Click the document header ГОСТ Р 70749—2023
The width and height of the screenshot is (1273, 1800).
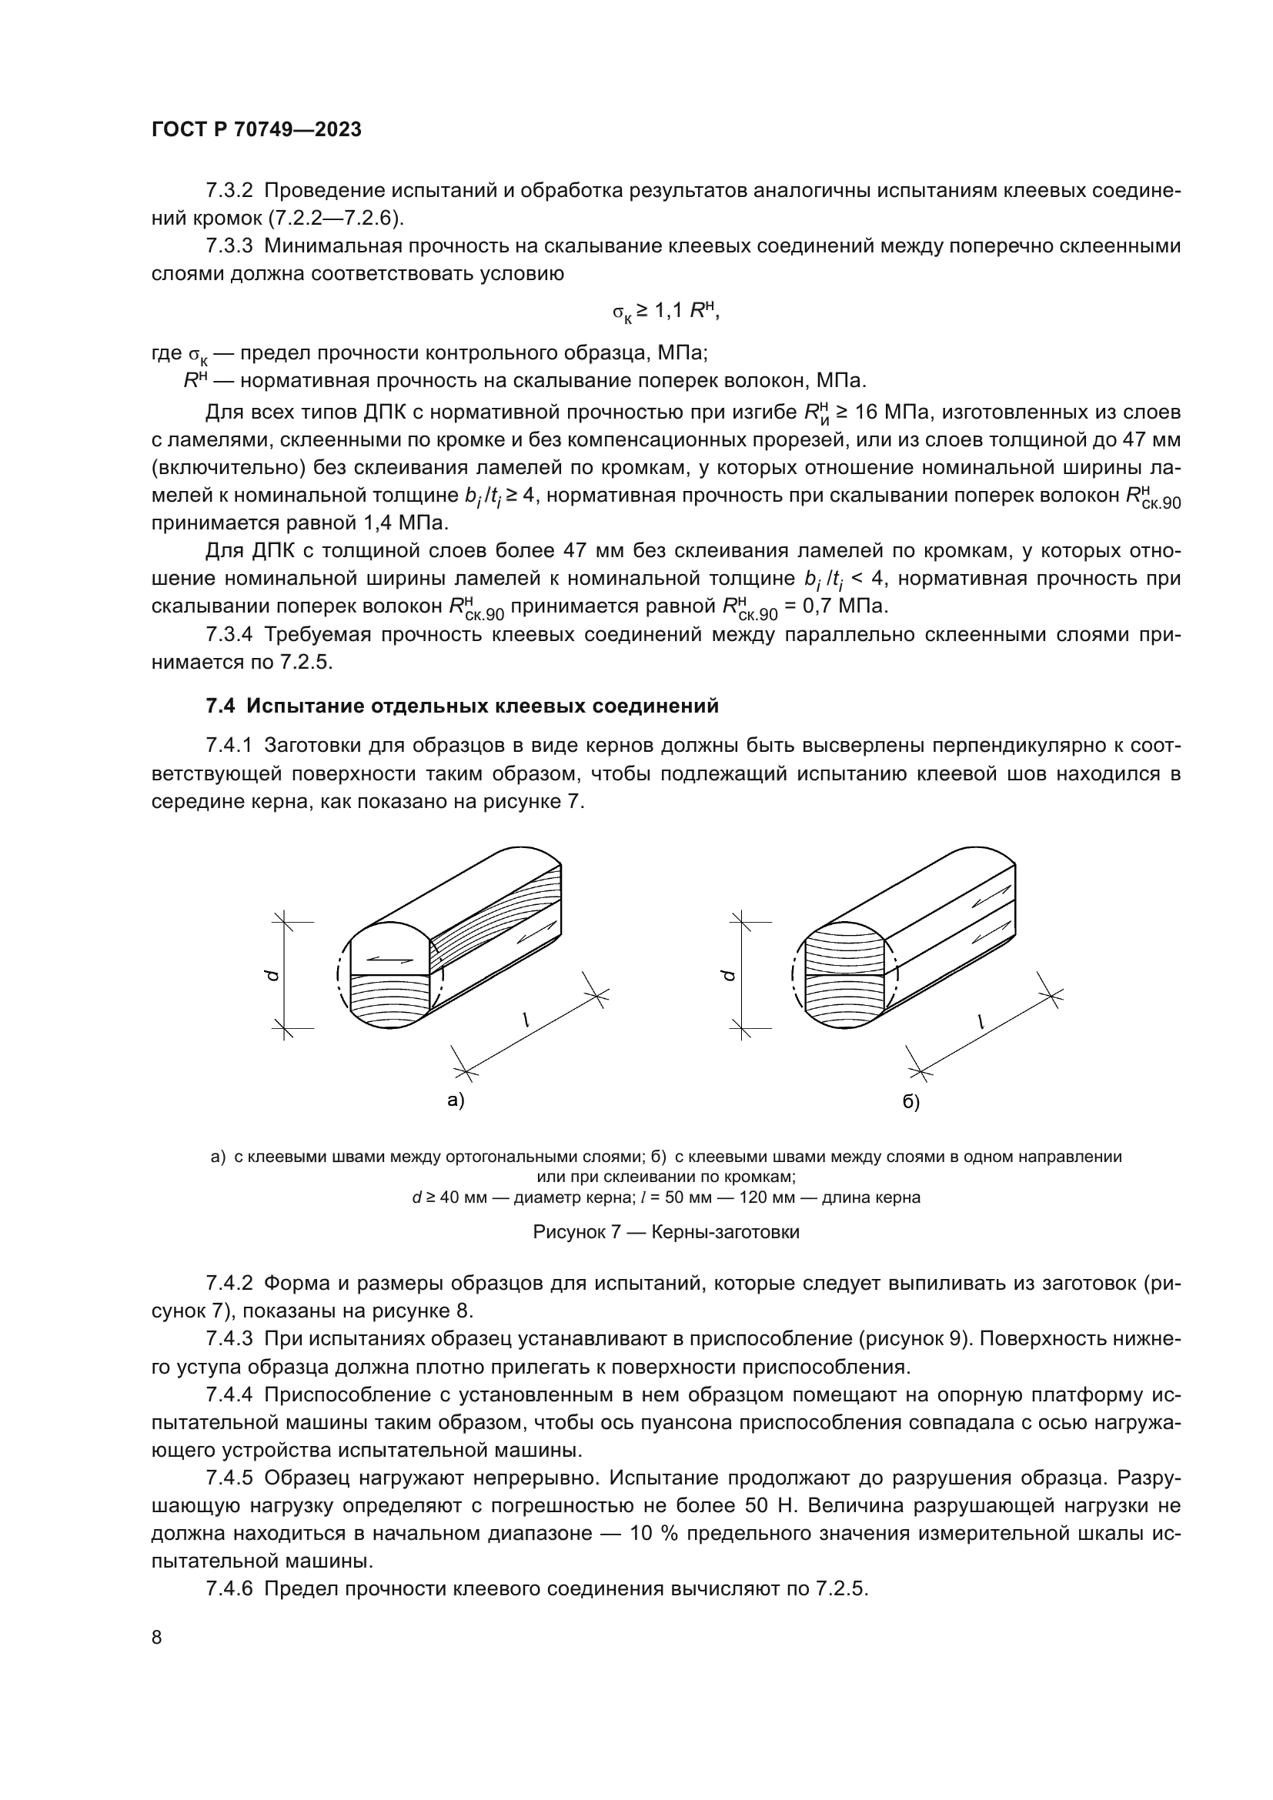[x=256, y=130]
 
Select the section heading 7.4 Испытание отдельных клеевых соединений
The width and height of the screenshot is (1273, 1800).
[x=462, y=706]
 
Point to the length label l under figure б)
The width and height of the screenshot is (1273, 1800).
[x=981, y=1020]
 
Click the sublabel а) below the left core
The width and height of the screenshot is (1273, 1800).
[x=456, y=1100]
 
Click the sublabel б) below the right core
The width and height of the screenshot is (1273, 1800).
[x=910, y=1101]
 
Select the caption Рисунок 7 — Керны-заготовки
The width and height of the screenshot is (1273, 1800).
[x=666, y=1231]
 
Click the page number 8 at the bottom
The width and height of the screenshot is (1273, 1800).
[x=157, y=1637]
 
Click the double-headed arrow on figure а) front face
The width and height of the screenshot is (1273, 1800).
[x=389, y=957]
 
